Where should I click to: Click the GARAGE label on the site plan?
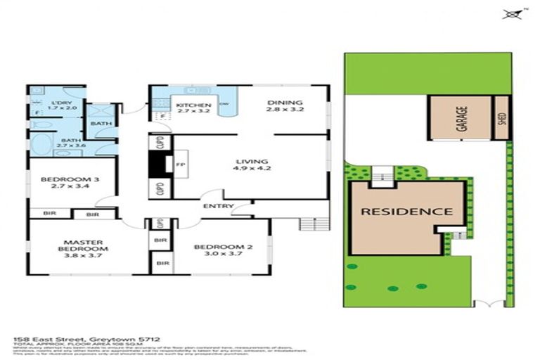462,120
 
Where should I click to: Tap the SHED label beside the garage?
502,120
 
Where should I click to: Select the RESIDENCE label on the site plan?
407,211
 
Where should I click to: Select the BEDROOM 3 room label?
70,180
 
